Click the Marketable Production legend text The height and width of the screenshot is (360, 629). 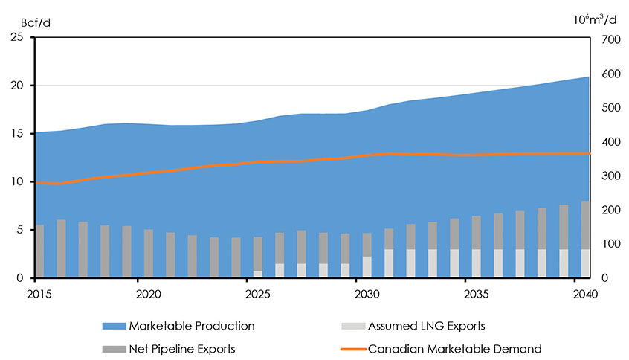191,326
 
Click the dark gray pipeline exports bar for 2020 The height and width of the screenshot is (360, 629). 149,253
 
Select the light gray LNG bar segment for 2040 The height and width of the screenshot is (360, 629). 586,263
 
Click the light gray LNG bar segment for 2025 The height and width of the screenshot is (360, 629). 258,274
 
